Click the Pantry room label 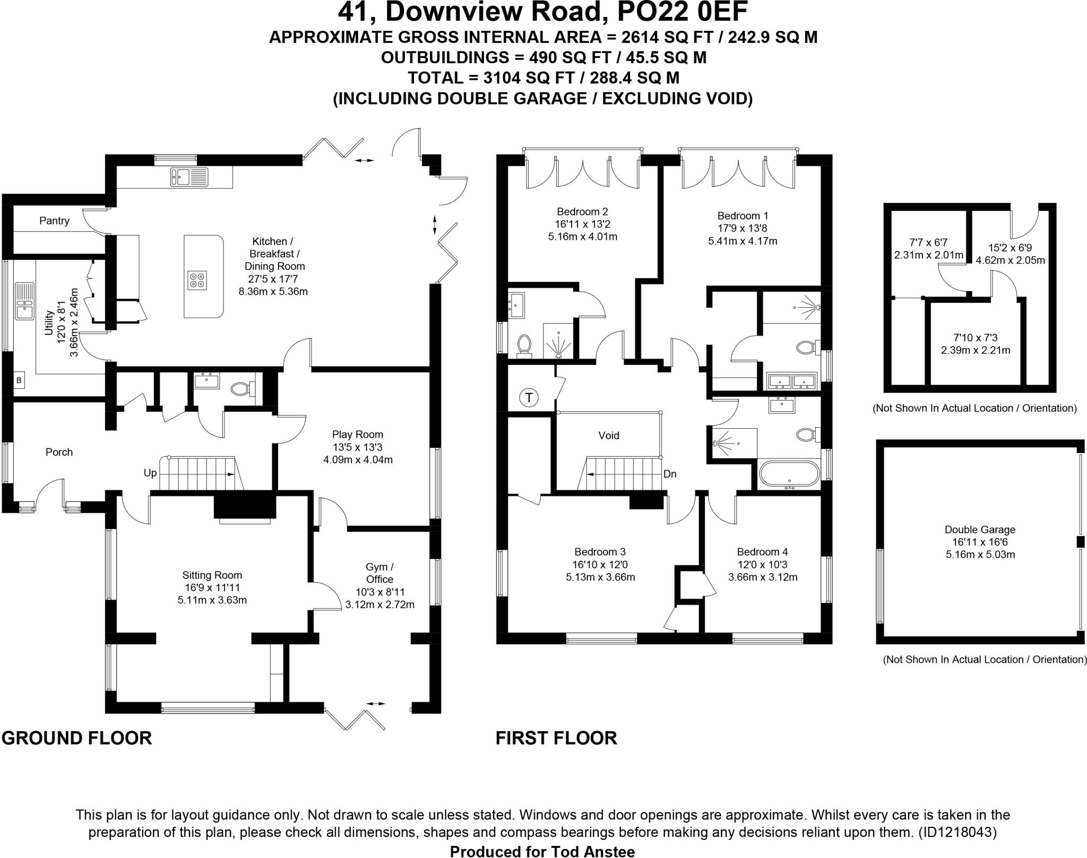click(x=54, y=221)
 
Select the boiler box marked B click(x=19, y=380)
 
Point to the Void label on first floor click(x=608, y=436)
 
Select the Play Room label click(x=357, y=435)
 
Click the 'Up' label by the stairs click(x=150, y=473)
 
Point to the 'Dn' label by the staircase click(x=670, y=474)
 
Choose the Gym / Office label click(x=379, y=573)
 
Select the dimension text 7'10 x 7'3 click(x=975, y=337)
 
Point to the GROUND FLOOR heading click(x=76, y=738)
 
